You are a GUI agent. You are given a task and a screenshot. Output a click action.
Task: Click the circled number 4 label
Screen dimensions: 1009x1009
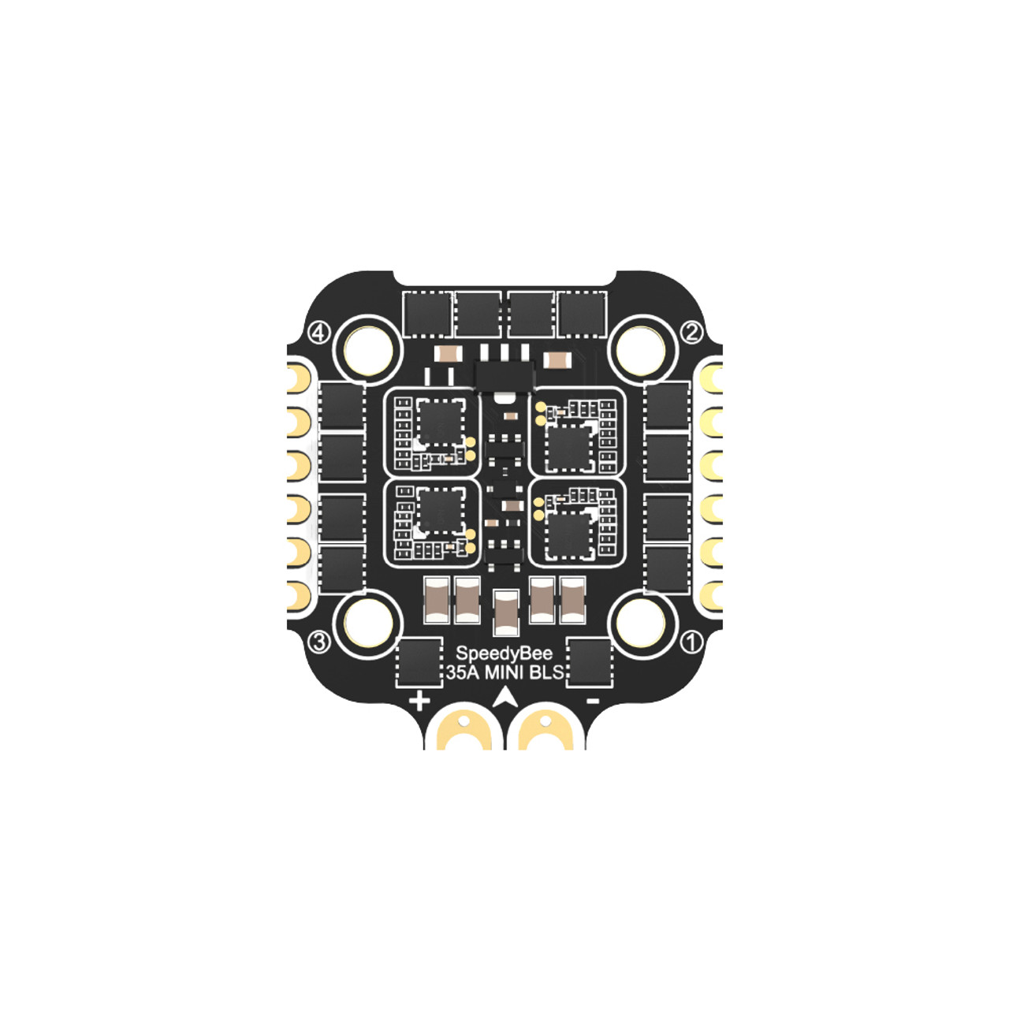click(x=319, y=333)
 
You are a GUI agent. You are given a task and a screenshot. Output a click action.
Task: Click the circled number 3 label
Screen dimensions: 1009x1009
click(x=319, y=642)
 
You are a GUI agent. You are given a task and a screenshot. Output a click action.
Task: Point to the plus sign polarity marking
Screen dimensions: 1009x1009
click(x=419, y=702)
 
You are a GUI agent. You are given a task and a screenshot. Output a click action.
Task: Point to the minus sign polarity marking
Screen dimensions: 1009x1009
click(x=593, y=701)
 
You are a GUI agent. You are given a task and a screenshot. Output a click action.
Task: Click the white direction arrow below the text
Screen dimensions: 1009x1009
click(x=504, y=697)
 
